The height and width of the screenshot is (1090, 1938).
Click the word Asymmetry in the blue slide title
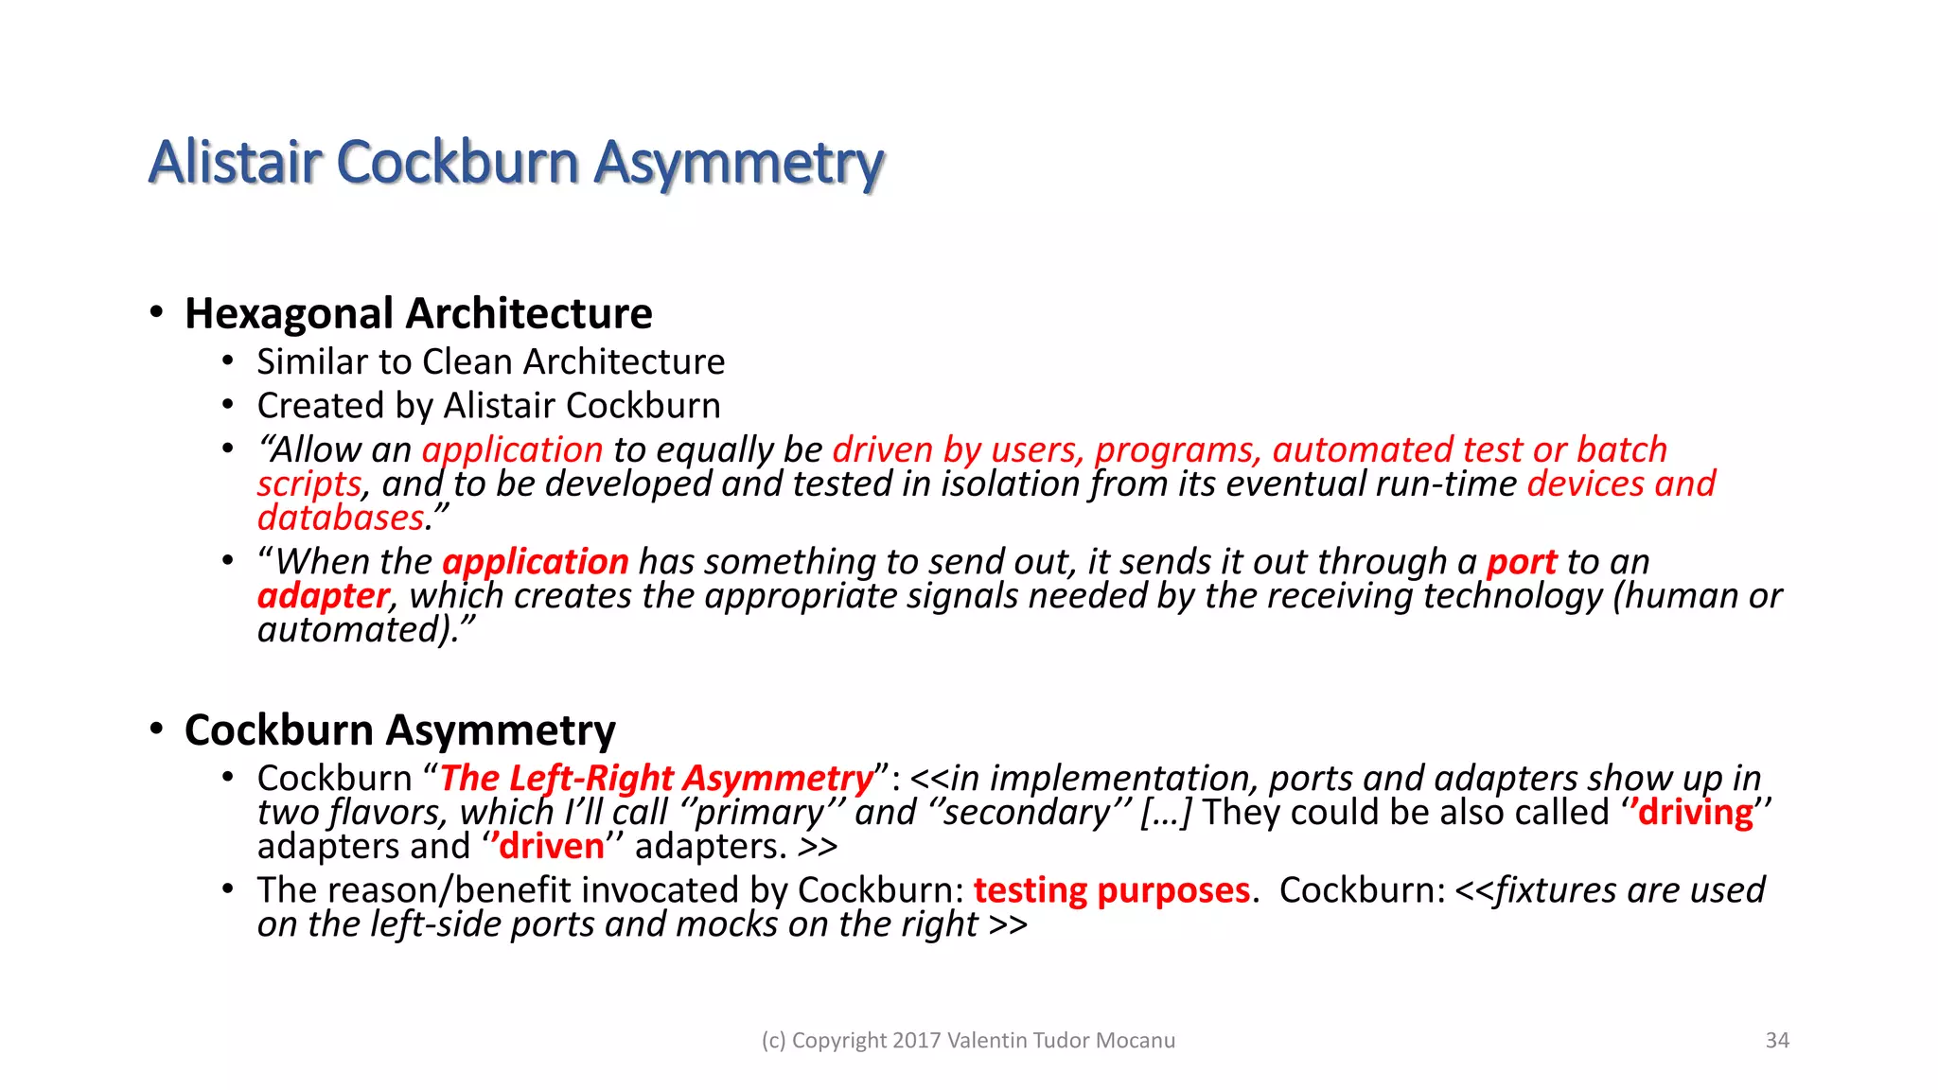(739, 163)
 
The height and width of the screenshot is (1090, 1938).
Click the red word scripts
(308, 483)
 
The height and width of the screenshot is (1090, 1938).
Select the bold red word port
(1522, 562)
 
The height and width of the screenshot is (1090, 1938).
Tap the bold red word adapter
(323, 596)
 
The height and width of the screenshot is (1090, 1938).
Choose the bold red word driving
(1695, 813)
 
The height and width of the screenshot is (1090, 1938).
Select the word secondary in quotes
(1027, 813)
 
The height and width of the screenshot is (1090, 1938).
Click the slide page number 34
(1777, 1040)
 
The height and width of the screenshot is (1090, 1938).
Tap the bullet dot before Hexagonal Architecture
(157, 312)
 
